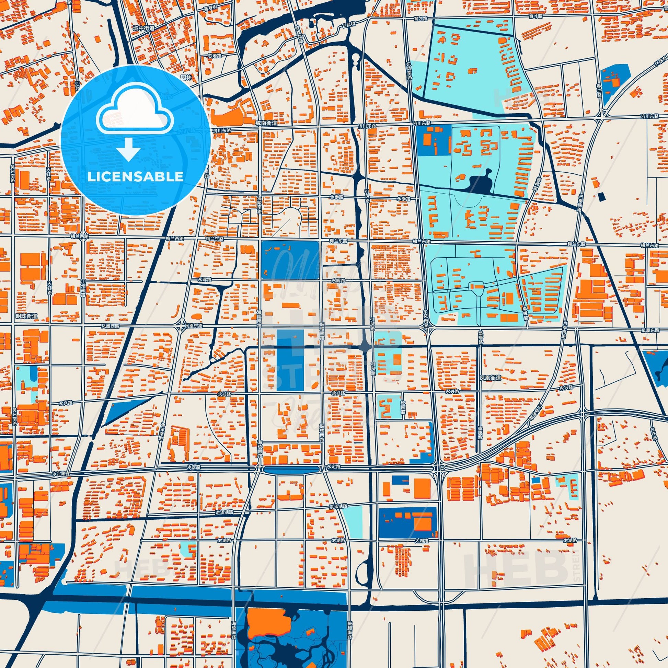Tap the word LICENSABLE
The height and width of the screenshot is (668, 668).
[x=136, y=177]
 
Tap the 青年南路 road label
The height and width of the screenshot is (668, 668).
[x=161, y=432]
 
